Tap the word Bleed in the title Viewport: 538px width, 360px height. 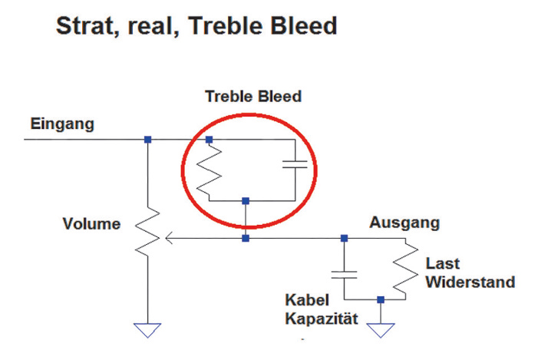click(x=304, y=26)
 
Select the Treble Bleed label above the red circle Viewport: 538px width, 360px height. click(x=253, y=97)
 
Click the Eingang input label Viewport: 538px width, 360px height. click(x=62, y=124)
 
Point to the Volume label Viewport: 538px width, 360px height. click(x=91, y=224)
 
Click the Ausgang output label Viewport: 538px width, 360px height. click(x=404, y=223)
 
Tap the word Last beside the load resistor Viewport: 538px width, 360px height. click(x=442, y=263)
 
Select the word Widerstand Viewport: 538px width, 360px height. click(x=470, y=282)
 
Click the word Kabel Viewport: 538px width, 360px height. click(x=307, y=300)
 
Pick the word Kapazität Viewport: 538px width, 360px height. click(x=322, y=319)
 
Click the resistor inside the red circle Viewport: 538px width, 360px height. click(x=209, y=170)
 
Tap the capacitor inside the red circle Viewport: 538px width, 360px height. click(x=295, y=164)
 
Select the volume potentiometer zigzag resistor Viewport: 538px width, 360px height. click(x=147, y=232)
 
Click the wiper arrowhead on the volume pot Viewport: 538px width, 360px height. click(x=168, y=238)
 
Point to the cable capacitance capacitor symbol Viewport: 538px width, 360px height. click(x=344, y=275)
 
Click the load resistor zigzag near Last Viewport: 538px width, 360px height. click(x=405, y=269)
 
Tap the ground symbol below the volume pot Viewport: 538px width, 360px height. click(x=147, y=330)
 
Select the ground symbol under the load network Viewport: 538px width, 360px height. click(x=381, y=330)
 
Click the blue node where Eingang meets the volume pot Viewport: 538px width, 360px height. click(x=147, y=140)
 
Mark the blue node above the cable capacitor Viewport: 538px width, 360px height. click(x=344, y=238)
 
